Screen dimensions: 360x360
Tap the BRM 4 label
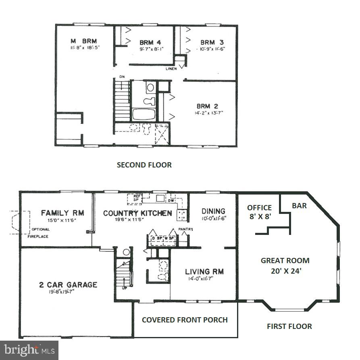coord(150,42)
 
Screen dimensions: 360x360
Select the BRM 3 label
coord(212,42)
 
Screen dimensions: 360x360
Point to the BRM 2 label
coord(208,106)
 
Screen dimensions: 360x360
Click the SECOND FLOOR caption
coord(144,165)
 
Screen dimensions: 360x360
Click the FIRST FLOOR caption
coord(289,326)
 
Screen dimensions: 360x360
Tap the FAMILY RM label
coord(62,213)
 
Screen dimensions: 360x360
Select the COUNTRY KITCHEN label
coord(137,213)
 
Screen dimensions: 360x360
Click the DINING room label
coord(213,211)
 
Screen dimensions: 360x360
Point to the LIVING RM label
coord(204,272)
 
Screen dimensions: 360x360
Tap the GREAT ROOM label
coord(285,260)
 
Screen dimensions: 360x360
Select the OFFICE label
coord(259,208)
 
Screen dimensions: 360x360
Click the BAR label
coord(299,206)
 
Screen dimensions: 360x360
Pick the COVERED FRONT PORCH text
coord(185,320)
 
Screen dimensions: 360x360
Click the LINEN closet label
coord(171,69)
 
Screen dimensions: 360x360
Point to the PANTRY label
coord(186,229)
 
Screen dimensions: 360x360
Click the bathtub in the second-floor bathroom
coord(144,114)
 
